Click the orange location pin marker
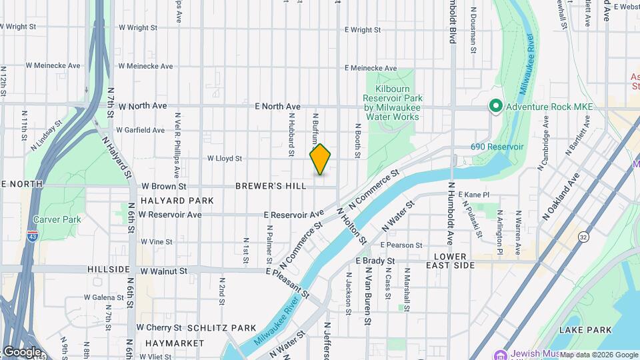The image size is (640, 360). click(320, 159)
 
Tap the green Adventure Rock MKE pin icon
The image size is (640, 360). click(495, 106)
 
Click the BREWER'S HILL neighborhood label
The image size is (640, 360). click(271, 186)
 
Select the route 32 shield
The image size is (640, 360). click(584, 237)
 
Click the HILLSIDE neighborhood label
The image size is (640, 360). click(109, 269)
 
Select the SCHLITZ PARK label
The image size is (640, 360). click(222, 328)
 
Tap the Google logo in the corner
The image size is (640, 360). click(22, 351)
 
